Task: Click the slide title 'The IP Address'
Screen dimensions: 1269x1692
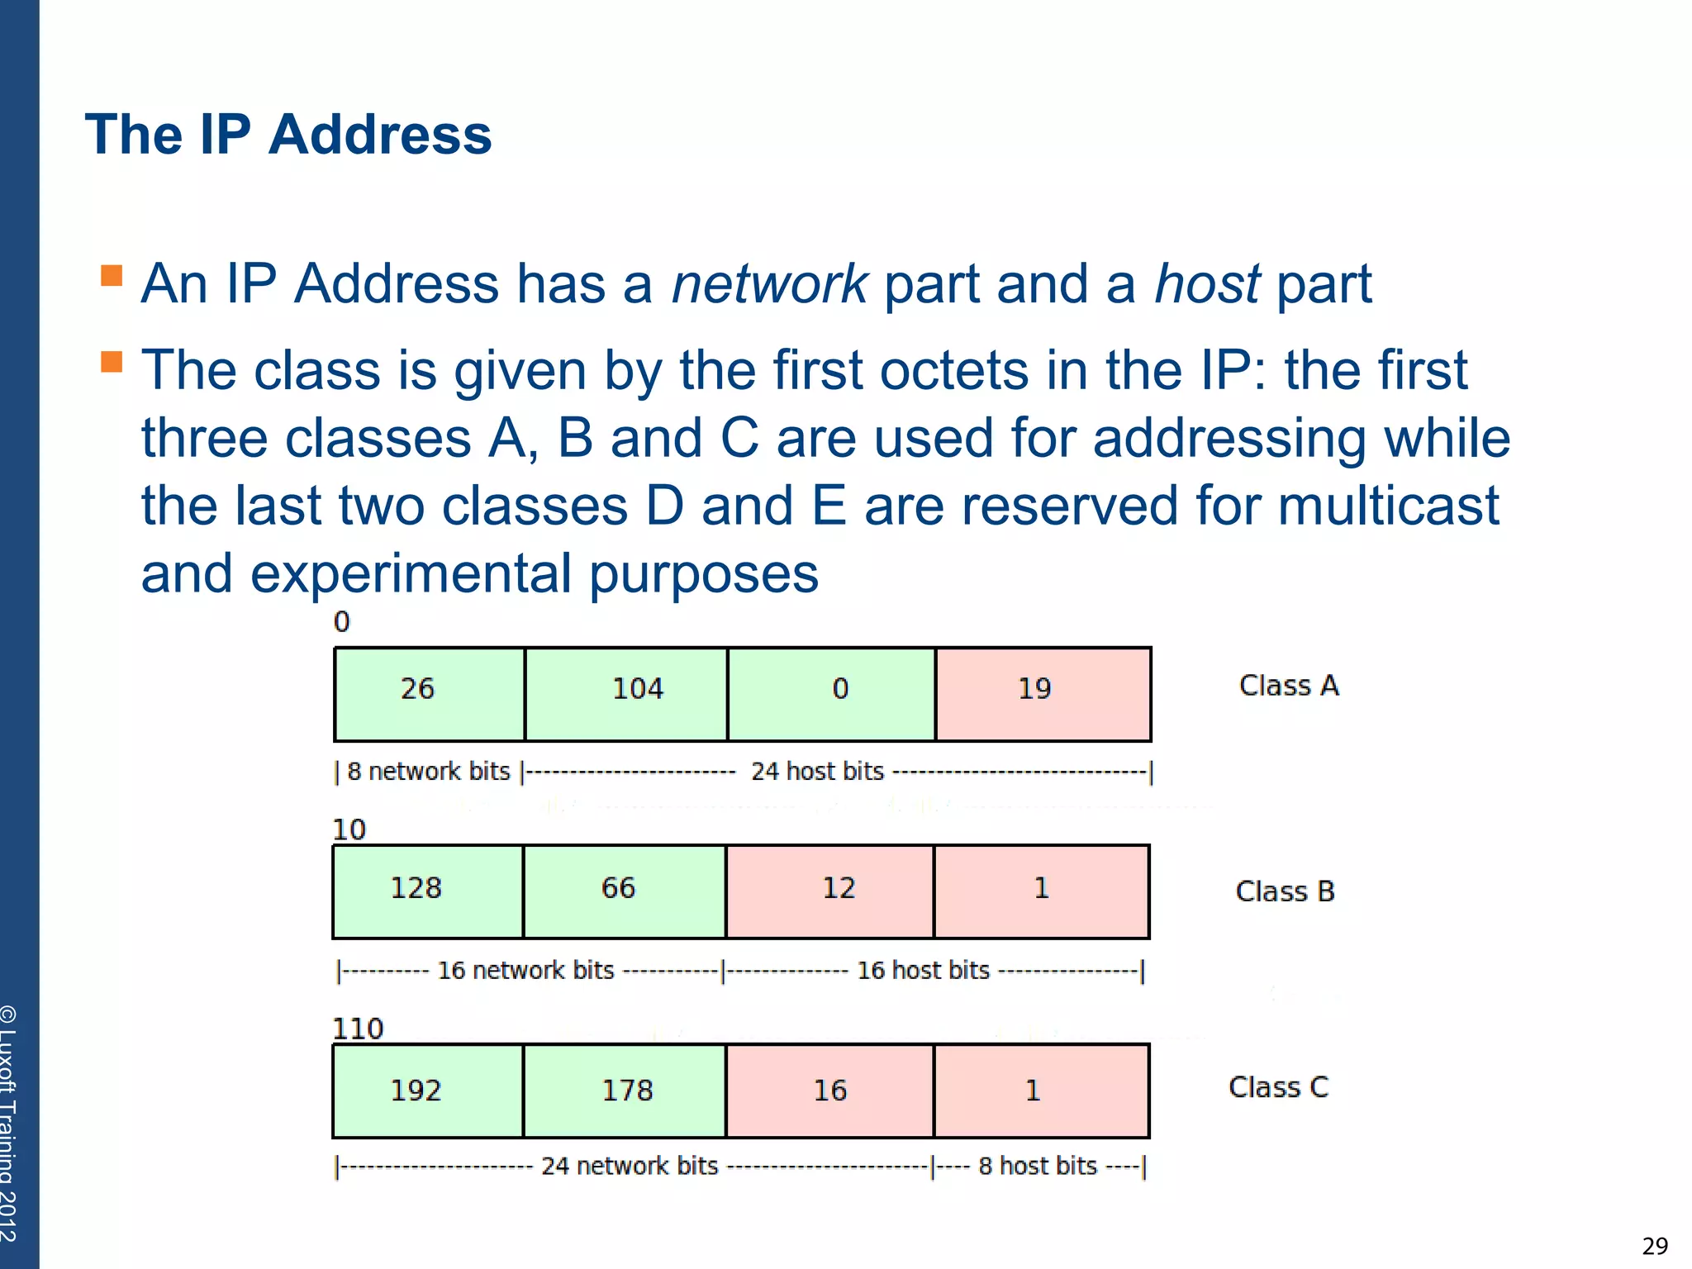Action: coord(288,135)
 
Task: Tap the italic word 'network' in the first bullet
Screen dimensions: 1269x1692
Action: coord(768,283)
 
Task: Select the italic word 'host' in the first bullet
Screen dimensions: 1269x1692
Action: coord(1206,283)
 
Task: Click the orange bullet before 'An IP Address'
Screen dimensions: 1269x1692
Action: coord(112,275)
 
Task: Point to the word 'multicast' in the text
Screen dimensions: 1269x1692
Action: coord(1388,506)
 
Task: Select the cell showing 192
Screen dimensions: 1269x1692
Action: coord(427,1091)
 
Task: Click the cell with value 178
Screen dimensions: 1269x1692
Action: coord(624,1091)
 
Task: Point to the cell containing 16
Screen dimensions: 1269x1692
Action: coord(829,1091)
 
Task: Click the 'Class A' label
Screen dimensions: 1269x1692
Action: coord(1288,686)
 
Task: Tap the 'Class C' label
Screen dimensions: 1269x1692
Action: coord(1278,1087)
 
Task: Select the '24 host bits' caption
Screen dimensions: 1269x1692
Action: coord(817,772)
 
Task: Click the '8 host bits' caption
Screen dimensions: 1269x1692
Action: coord(1038,1166)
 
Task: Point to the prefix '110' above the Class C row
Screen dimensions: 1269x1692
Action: coord(357,1029)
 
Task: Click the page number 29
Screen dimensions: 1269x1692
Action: coord(1655,1245)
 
